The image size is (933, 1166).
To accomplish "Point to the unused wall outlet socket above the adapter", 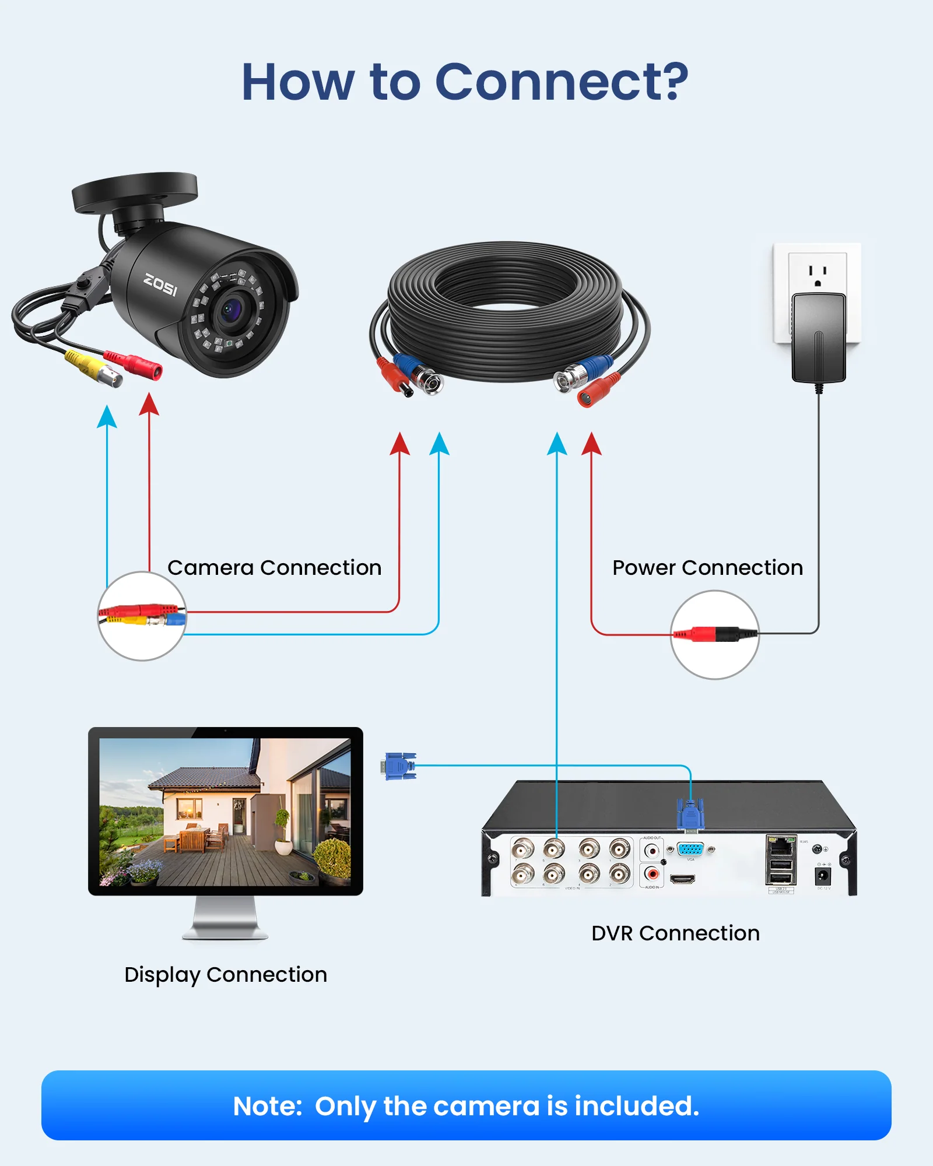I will [x=818, y=274].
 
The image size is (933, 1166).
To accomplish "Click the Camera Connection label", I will [x=274, y=567].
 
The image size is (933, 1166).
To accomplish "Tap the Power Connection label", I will [x=707, y=567].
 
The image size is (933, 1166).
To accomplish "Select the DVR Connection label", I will [x=675, y=933].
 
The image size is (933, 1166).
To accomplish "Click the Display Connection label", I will [x=226, y=974].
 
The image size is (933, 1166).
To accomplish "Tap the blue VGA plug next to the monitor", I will [x=400, y=765].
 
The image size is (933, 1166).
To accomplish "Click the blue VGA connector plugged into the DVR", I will [x=690, y=815].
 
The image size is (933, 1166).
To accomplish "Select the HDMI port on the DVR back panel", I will [x=682, y=879].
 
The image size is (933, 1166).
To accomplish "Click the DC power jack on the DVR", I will [x=822, y=874].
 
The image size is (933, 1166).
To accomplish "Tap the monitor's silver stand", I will [x=225, y=918].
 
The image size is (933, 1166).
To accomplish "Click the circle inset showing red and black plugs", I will [x=714, y=634].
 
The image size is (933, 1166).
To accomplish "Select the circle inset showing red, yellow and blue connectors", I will [x=142, y=616].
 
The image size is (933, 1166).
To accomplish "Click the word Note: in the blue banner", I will [x=267, y=1106].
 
